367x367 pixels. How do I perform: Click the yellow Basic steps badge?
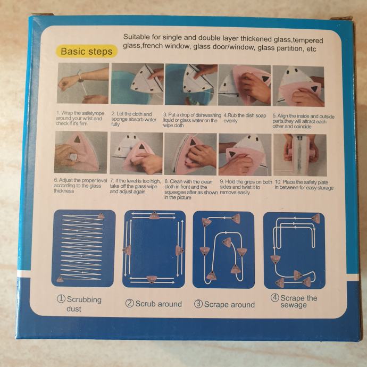click(87, 51)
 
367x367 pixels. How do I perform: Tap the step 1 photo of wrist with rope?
click(83, 83)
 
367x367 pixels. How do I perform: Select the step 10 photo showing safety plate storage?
click(300, 155)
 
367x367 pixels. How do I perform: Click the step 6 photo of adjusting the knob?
click(81, 152)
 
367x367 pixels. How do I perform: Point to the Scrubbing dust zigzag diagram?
click(84, 248)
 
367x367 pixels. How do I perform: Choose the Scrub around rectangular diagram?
click(154, 249)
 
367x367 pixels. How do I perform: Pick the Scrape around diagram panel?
click(223, 250)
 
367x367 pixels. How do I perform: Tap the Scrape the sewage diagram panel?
click(294, 251)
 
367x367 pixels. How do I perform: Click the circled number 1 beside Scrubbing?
click(61, 299)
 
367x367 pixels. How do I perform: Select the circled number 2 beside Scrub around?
click(129, 303)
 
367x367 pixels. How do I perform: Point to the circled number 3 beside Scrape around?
click(198, 304)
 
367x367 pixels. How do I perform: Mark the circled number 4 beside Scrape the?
click(275, 298)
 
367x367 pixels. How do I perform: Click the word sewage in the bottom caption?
click(294, 305)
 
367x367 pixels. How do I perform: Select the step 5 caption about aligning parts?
click(303, 121)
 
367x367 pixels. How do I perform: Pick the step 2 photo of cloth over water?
click(137, 84)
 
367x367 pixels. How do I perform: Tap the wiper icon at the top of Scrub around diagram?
click(154, 215)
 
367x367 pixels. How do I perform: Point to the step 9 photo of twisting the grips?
click(245, 155)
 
